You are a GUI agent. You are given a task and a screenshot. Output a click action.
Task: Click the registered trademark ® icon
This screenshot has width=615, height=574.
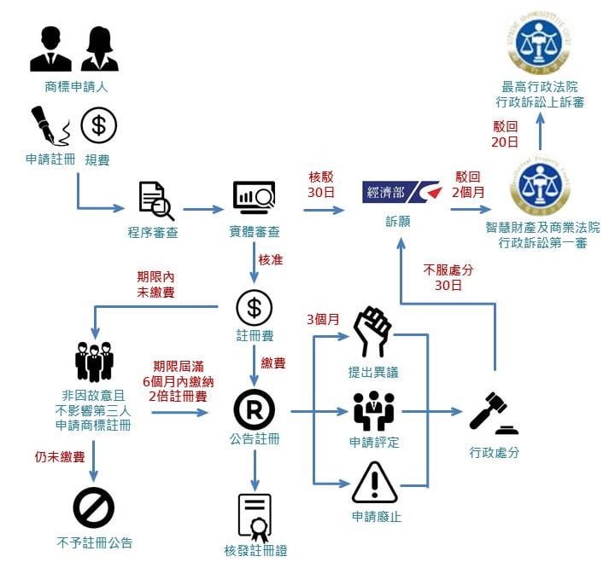point(254,411)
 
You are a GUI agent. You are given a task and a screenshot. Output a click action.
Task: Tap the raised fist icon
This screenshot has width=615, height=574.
point(373,332)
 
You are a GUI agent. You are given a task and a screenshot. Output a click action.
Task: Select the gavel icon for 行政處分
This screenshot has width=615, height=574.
point(493,415)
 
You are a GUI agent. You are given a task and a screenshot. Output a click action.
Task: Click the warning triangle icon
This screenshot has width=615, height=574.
point(374,483)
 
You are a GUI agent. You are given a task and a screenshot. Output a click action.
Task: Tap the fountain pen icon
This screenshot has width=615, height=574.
point(50,127)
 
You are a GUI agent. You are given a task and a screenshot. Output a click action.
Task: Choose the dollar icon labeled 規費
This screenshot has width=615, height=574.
point(98,126)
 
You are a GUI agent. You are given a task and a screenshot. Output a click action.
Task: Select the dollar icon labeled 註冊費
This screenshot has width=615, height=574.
point(254,307)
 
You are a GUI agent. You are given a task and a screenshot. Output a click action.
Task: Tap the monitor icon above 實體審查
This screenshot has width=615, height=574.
point(254,198)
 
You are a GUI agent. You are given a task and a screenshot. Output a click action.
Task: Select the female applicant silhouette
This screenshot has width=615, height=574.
point(100,49)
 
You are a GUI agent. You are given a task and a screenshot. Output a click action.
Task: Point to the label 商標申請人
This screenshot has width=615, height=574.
point(76,87)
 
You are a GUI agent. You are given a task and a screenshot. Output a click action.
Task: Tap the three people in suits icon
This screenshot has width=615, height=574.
point(94,362)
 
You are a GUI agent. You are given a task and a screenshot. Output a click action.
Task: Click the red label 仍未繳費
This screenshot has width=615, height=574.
point(59,457)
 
